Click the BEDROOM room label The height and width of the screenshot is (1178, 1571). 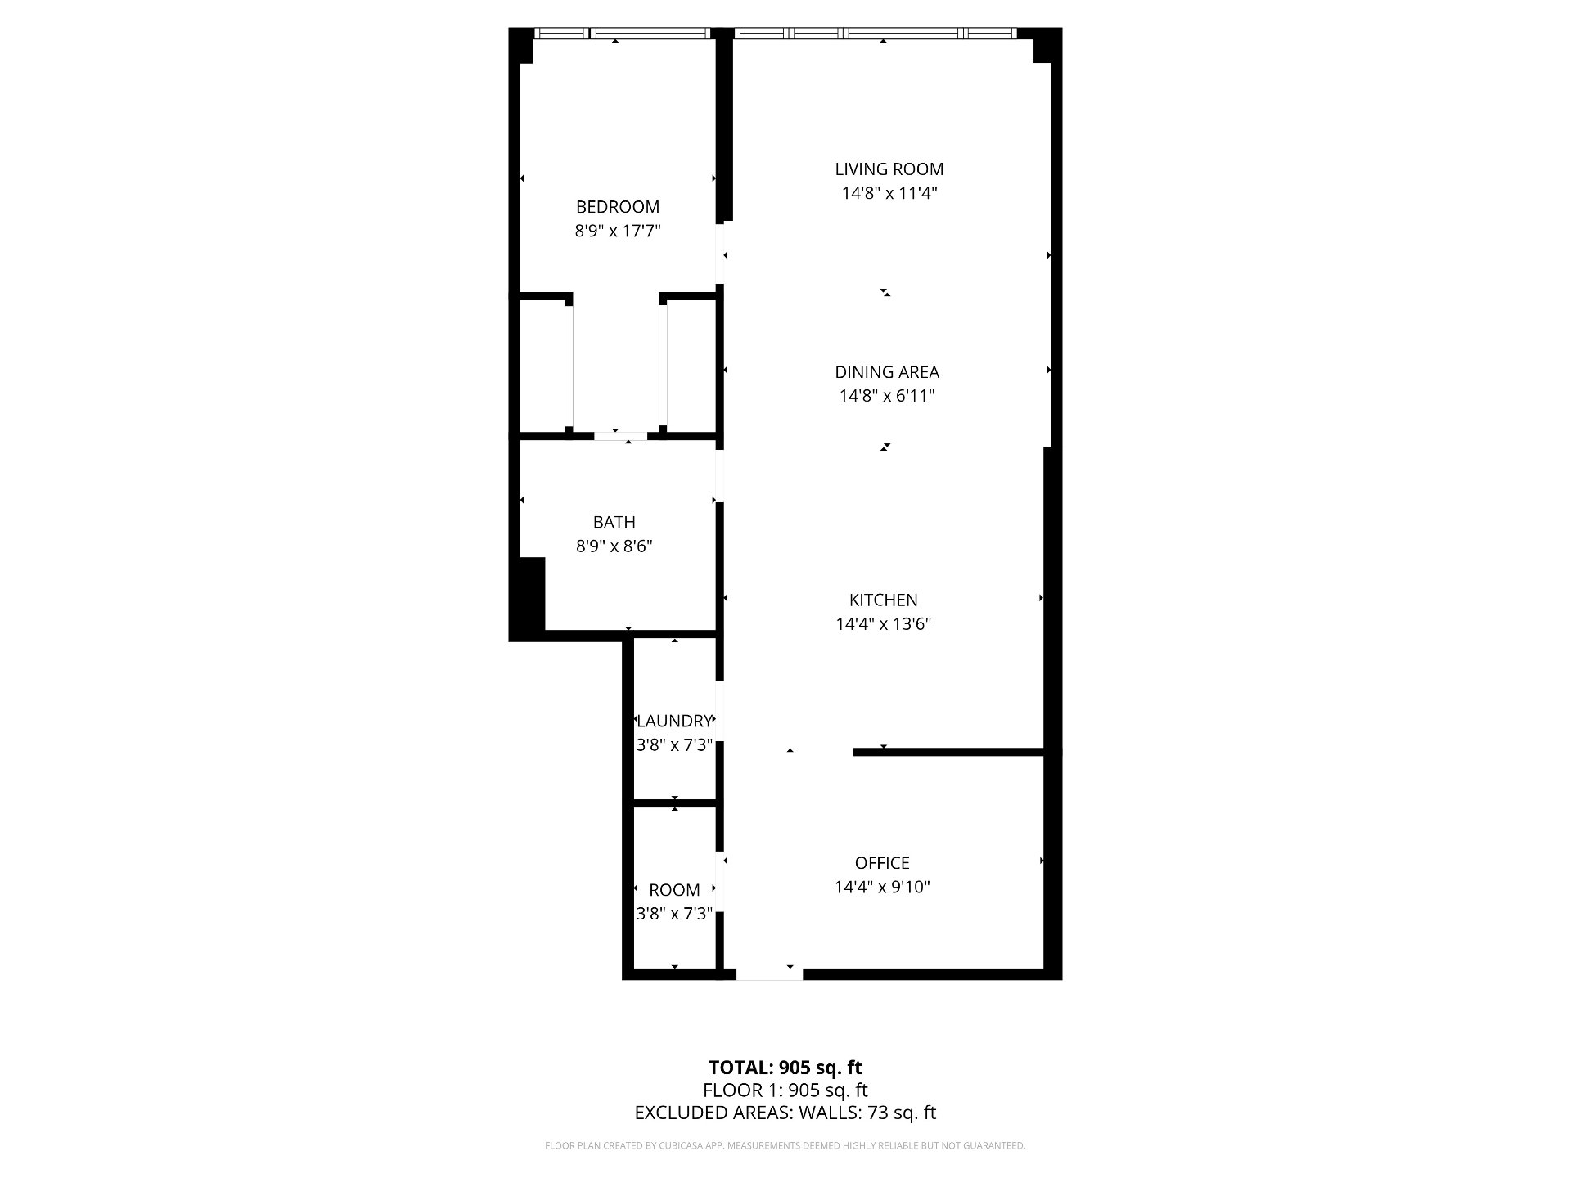[x=618, y=207]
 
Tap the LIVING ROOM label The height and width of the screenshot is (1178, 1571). [x=889, y=169]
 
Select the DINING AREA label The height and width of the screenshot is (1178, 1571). [x=887, y=372]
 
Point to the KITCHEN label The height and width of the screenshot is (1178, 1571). [x=884, y=600]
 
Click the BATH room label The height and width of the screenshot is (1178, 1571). [x=614, y=523]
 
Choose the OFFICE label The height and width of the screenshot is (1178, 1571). [x=882, y=863]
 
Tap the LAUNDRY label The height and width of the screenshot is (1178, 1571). [x=675, y=722]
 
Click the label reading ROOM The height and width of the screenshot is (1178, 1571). [x=675, y=891]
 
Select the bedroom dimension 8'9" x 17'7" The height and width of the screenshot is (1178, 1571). [x=618, y=232]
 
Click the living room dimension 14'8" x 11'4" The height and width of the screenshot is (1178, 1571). [x=889, y=194]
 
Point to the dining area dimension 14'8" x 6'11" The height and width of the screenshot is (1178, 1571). [x=887, y=397]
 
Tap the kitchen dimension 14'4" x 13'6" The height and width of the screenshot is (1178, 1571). [x=884, y=625]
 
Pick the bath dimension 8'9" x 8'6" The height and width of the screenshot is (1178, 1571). [x=614, y=546]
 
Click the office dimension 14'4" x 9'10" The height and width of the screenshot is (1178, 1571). [x=882, y=888]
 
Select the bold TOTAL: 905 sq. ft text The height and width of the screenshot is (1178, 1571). [x=785, y=1068]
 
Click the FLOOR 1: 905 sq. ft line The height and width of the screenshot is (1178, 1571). [x=785, y=1090]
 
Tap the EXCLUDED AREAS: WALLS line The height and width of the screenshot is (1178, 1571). [x=785, y=1113]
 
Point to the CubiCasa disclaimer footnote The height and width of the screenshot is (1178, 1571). [x=785, y=1146]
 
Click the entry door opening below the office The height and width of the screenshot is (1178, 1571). [x=769, y=973]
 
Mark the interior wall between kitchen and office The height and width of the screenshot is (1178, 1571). [x=949, y=752]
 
